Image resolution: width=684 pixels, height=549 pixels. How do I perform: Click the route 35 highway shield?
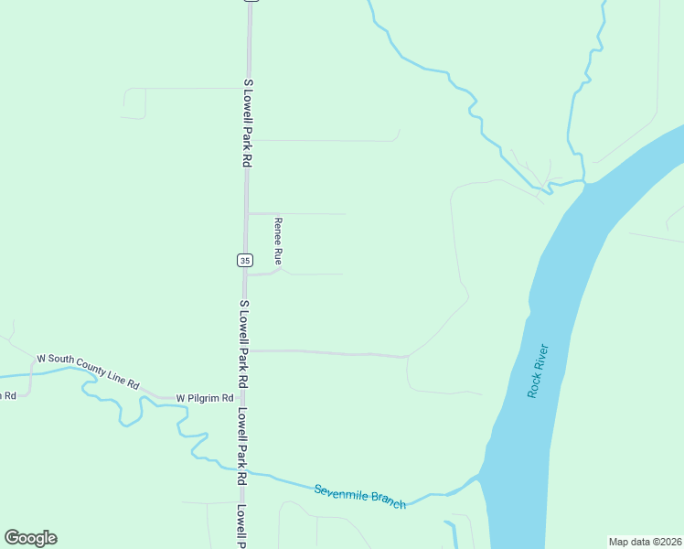[x=244, y=261]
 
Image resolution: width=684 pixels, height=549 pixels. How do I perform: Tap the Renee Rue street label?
[x=278, y=239]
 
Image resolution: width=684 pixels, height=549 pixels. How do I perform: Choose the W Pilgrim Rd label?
[x=207, y=398]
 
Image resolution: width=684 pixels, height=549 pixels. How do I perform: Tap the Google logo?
[x=30, y=538]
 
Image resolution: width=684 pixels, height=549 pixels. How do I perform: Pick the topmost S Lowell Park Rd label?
[x=247, y=122]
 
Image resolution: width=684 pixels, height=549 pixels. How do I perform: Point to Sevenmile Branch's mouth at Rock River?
[x=477, y=478]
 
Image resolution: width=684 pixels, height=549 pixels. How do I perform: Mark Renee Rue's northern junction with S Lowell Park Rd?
[x=246, y=213]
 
